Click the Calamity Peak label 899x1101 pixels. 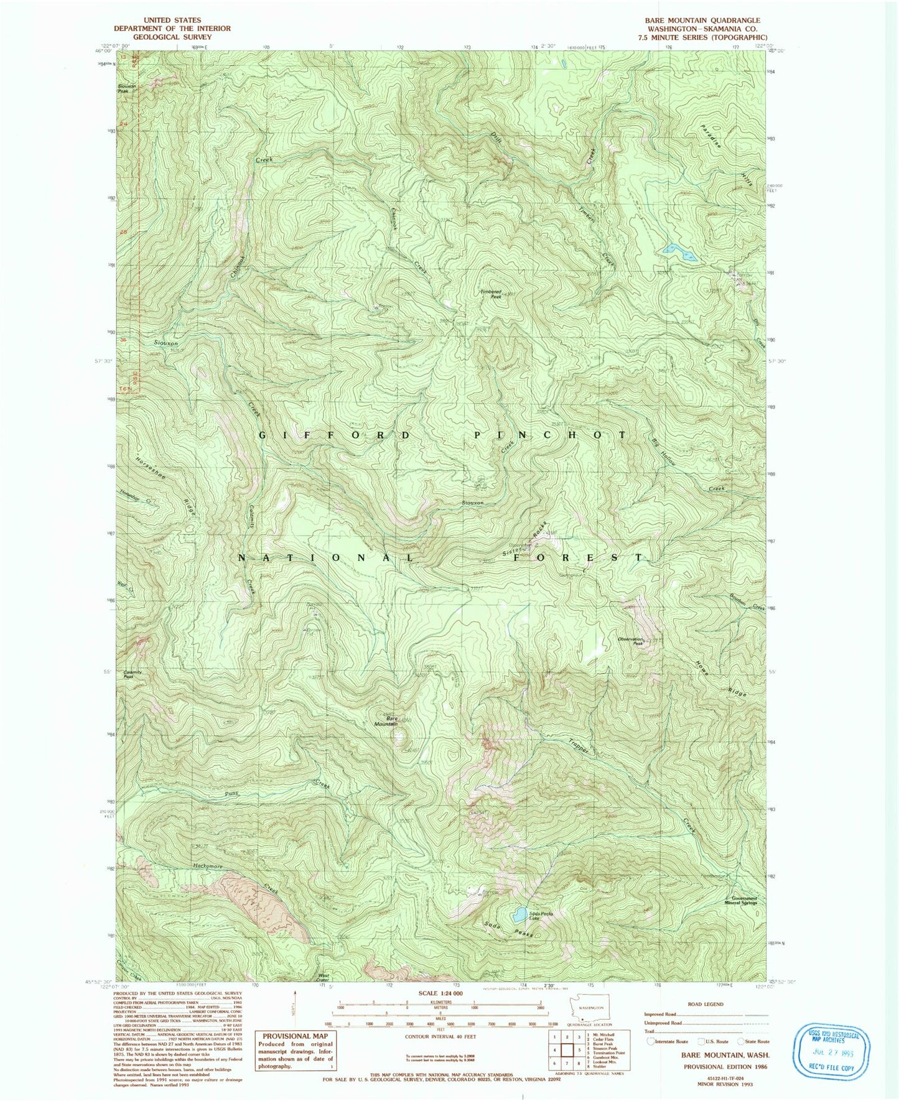coord(133,674)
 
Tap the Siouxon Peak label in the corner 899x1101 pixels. coord(126,88)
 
